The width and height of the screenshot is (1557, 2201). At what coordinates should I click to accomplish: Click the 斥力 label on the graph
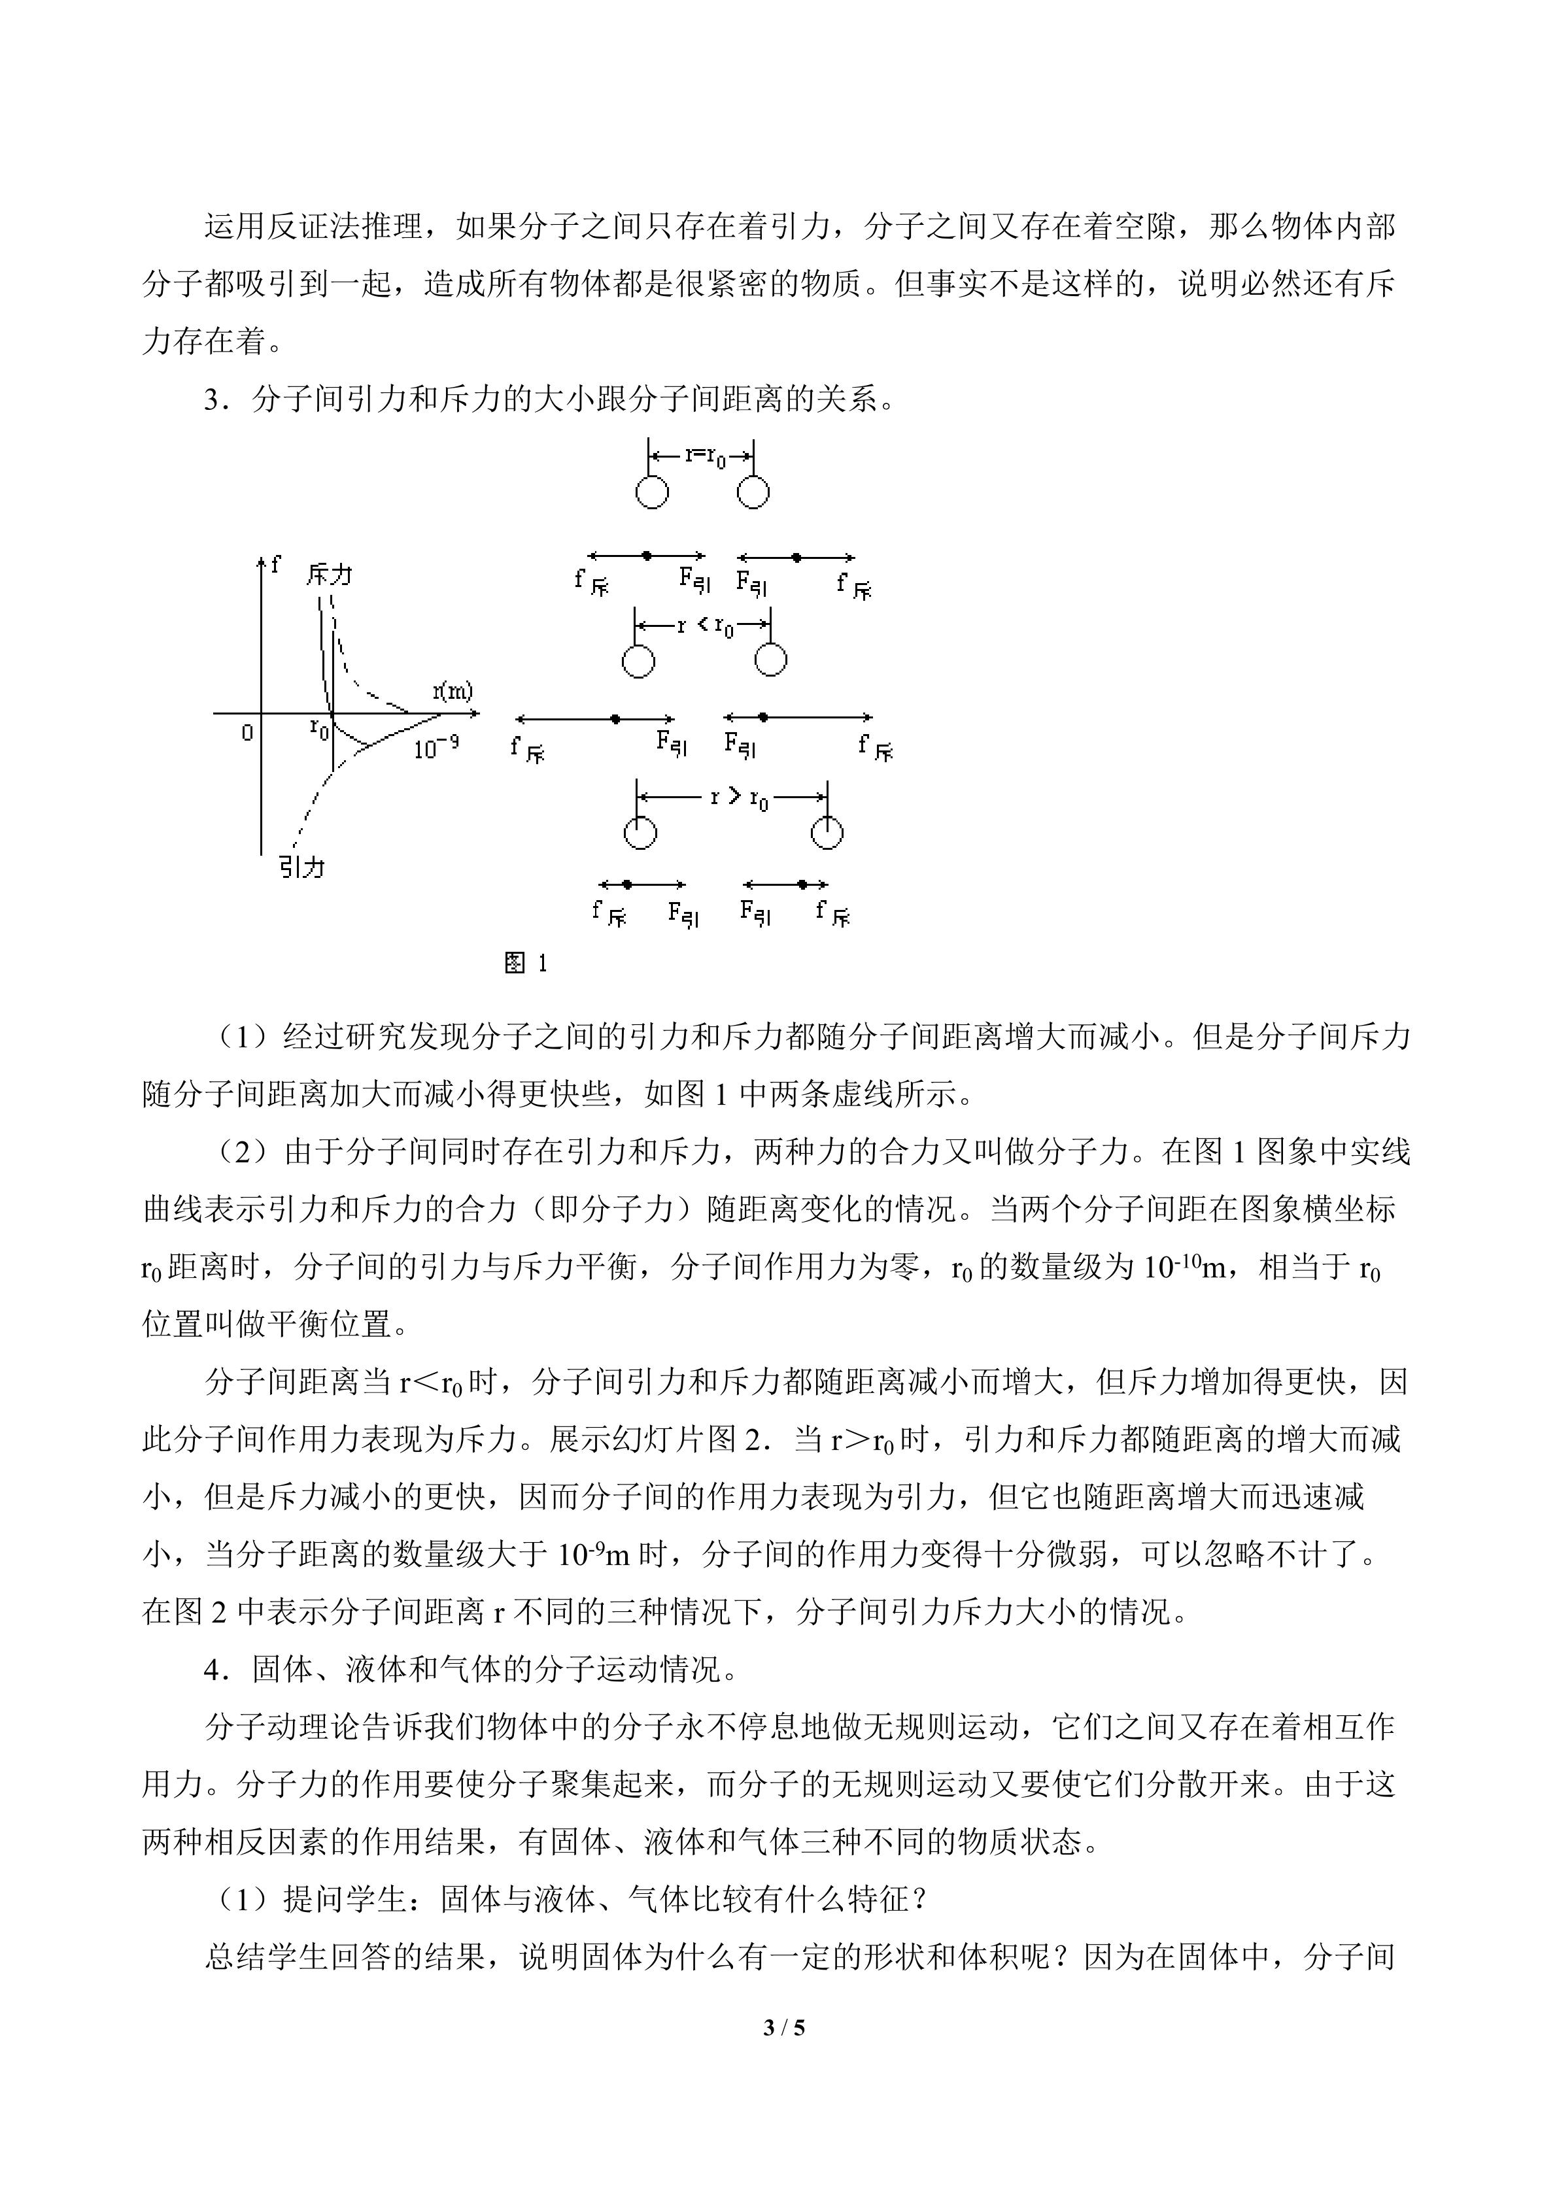click(x=329, y=574)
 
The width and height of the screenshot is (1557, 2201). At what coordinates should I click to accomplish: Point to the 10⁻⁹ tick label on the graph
click(x=436, y=748)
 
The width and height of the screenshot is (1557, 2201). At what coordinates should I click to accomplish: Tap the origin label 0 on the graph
click(x=247, y=733)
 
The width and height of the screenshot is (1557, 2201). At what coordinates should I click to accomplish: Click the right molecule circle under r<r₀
click(x=771, y=660)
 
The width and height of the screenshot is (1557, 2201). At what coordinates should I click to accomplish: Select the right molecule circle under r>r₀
click(x=827, y=832)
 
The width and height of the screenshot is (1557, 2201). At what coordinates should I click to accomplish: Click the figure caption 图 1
click(x=525, y=962)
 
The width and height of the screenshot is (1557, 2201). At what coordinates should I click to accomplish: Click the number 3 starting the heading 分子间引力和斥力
click(x=211, y=399)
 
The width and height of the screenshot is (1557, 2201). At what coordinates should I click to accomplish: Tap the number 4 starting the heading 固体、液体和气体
click(x=211, y=1669)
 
